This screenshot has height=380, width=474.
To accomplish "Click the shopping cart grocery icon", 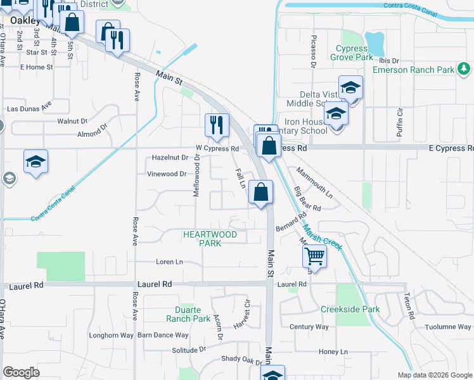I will coord(314,257).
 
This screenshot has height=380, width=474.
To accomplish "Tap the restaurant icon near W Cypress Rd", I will coord(217,125).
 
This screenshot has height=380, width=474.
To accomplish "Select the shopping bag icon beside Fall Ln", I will coord(260,192).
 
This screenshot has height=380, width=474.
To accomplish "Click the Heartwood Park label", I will coord(210,239).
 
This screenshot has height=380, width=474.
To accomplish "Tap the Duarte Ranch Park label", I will coord(188,315).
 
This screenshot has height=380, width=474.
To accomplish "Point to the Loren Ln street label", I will coord(169,262).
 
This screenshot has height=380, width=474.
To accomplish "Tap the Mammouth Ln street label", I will coord(314,181).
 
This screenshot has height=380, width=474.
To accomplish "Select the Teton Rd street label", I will coord(409,307).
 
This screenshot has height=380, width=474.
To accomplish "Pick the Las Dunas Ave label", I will coord(29,109).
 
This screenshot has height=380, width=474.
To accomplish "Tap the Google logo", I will coord(22,372).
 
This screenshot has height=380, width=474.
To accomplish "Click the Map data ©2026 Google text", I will coord(434,375).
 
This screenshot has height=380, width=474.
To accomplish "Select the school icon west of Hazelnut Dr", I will coord(36,161).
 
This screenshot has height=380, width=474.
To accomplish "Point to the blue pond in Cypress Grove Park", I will coord(375,43).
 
